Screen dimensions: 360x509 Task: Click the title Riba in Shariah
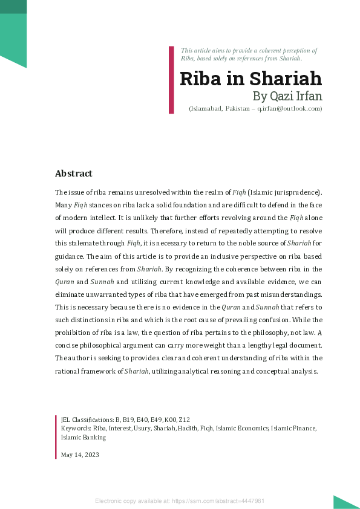pyautogui.click(x=250, y=79)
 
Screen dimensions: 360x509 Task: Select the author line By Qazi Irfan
pyautogui.click(x=287, y=96)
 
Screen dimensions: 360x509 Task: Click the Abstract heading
pyautogui.click(x=73, y=173)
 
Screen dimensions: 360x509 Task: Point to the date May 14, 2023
pyautogui.click(x=80, y=455)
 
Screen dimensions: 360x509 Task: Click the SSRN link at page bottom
pyautogui.click(x=180, y=501)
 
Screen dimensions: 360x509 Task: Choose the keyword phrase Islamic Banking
pyautogui.click(x=83, y=437)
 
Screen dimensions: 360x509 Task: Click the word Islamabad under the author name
pyautogui.click(x=208, y=108)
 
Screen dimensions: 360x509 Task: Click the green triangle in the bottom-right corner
pyautogui.click(x=345, y=502)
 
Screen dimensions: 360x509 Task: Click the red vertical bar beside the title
pyautogui.click(x=171, y=79)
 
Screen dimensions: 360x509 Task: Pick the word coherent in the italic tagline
pyautogui.click(x=268, y=51)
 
